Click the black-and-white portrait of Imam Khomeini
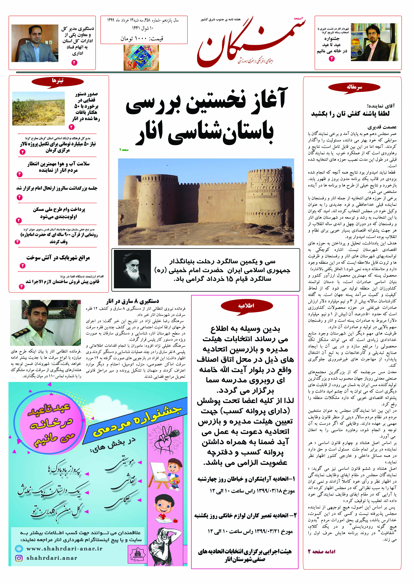[x=132, y=269]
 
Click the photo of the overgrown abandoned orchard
[x=38, y=109]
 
